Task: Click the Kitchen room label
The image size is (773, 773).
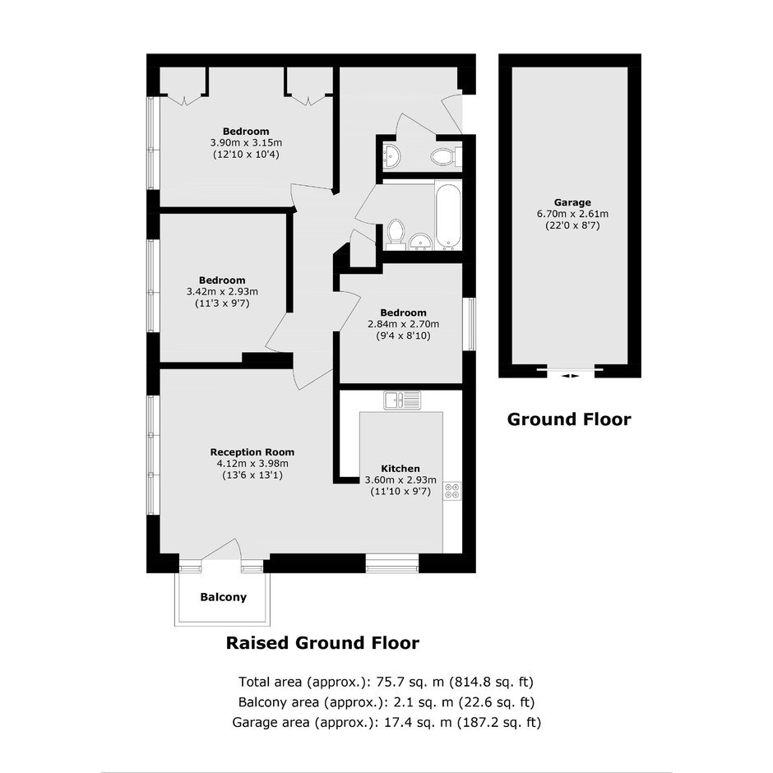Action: click(400, 469)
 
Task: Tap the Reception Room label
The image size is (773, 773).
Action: click(252, 451)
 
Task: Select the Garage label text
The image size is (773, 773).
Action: click(572, 202)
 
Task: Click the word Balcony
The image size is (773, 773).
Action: click(224, 597)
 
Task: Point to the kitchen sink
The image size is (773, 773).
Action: click(402, 400)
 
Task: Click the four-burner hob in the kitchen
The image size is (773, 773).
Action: click(452, 491)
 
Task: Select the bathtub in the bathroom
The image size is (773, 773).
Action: click(448, 215)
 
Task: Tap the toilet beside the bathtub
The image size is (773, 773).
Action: click(396, 232)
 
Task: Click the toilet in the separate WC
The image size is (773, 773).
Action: click(446, 157)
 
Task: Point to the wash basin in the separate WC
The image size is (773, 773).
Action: click(391, 156)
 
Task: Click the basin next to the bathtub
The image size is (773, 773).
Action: click(420, 242)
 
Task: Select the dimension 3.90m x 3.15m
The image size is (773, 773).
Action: click(246, 143)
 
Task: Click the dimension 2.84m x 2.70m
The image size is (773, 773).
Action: click(403, 324)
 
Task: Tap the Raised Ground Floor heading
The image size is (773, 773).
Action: click(322, 643)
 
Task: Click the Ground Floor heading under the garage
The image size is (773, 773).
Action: click(569, 419)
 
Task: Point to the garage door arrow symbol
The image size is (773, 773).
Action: click(571, 376)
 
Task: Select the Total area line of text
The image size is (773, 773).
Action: click(386, 682)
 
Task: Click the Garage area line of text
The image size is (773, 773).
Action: click(386, 722)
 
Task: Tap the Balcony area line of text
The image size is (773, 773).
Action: click(386, 702)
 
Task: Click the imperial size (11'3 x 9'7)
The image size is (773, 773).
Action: click(222, 303)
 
